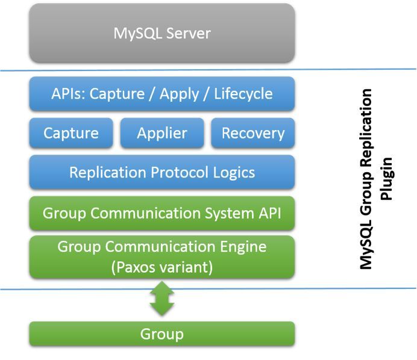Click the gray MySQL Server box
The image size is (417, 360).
(x=162, y=33)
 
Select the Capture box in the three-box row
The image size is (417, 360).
(x=71, y=133)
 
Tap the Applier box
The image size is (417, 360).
(x=162, y=133)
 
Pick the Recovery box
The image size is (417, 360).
(x=253, y=133)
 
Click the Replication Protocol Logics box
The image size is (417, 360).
(x=162, y=172)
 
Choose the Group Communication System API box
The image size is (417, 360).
(x=162, y=213)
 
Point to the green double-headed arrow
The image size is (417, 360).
(x=162, y=299)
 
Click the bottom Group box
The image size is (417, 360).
(x=162, y=334)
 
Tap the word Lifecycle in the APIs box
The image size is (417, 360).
(x=243, y=94)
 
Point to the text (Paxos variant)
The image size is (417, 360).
(x=162, y=267)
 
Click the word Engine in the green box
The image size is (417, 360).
(x=243, y=247)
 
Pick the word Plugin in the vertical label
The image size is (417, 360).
(x=386, y=179)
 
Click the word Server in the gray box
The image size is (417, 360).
(x=188, y=34)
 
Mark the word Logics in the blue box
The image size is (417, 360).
(x=234, y=173)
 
